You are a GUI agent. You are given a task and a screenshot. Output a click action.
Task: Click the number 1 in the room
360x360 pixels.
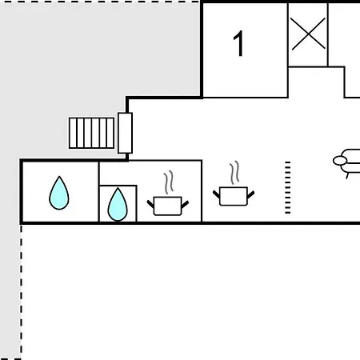point(238,43)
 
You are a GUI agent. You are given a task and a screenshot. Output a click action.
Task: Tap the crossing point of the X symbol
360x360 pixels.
point(308,34)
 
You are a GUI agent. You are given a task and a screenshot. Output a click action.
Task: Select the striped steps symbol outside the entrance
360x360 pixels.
point(91,133)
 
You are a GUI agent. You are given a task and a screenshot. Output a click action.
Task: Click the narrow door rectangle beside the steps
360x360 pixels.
point(125,133)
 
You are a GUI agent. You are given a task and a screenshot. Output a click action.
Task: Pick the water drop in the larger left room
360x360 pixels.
point(59,193)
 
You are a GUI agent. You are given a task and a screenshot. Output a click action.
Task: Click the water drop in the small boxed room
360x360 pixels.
point(118,205)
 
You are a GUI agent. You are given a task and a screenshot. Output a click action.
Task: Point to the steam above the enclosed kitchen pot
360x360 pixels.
point(169,182)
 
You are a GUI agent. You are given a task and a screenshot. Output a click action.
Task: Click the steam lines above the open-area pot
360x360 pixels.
point(234,172)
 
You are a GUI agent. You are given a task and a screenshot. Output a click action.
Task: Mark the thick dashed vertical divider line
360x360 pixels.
point(287,187)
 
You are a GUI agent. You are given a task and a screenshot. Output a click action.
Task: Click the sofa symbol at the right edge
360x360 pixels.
point(346,162)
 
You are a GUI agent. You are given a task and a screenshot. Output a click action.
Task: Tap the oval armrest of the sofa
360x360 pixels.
point(340,161)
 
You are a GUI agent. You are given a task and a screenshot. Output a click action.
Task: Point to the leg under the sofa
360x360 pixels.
point(347,176)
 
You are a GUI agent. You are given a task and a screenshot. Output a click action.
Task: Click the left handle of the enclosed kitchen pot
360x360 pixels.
point(150,204)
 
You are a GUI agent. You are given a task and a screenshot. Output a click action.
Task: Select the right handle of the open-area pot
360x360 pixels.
point(250,194)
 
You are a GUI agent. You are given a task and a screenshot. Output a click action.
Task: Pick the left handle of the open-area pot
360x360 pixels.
point(217,194)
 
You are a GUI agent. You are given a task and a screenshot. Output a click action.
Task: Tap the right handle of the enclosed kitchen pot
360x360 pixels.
point(185,204)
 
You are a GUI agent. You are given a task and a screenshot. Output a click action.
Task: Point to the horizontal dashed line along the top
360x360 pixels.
point(101,2)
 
